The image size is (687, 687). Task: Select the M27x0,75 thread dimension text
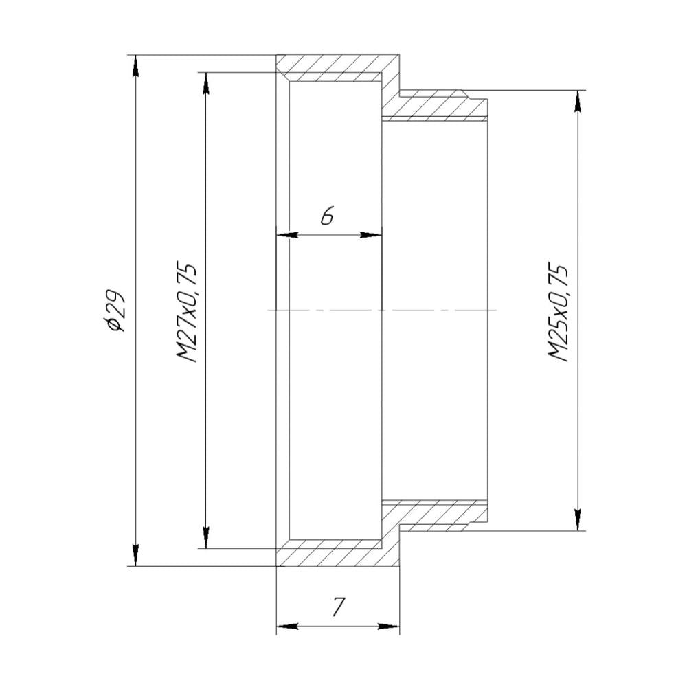188,311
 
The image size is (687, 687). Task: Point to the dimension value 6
327,217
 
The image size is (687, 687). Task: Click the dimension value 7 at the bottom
337,607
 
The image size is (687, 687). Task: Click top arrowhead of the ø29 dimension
135,65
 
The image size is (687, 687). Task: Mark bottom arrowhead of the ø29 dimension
135,556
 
